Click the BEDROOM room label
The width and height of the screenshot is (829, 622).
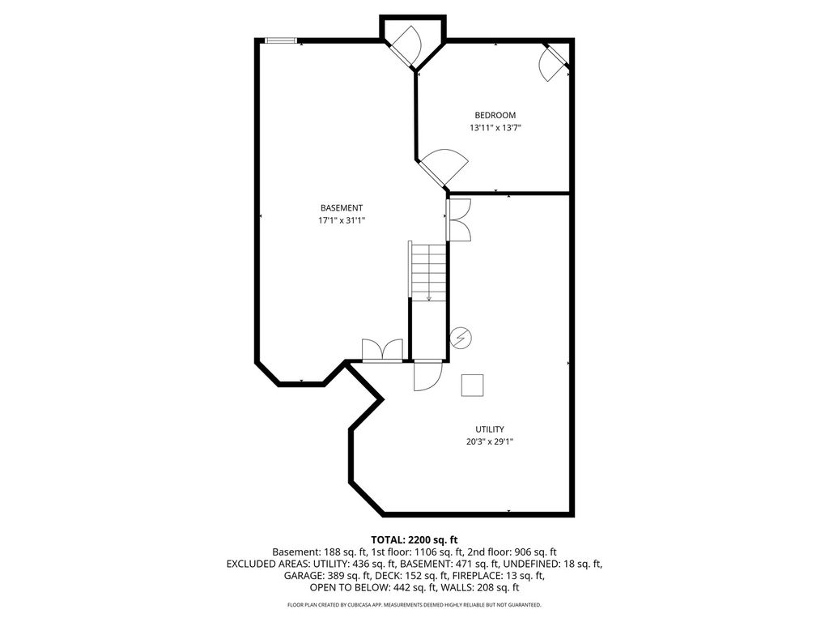495,115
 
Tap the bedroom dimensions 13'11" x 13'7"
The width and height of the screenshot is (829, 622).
495,127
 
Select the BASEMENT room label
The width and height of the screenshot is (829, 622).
342,208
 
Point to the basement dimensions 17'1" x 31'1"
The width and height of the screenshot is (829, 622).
342,220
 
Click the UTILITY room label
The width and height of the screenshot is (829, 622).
490,429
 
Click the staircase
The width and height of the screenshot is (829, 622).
429,272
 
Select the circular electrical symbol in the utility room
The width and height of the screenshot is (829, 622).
461,338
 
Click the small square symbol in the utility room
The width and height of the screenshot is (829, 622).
472,385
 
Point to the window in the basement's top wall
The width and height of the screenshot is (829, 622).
281,40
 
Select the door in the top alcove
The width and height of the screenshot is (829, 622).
403,46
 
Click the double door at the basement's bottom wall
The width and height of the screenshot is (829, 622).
382,351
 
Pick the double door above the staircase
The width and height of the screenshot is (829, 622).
458,220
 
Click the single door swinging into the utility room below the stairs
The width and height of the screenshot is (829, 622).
427,376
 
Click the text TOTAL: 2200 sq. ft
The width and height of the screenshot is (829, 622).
414,540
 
